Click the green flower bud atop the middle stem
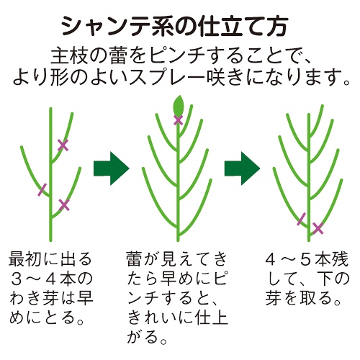point(178,105)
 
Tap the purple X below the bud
point(178,120)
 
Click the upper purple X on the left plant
point(63,145)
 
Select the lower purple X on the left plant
point(64,205)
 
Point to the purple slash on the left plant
point(42,189)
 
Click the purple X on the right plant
point(318,228)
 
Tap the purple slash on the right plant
point(302,219)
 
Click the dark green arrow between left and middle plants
point(112,168)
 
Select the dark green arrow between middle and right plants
point(242,168)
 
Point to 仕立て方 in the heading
point(243,27)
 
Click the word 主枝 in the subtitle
point(70,56)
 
